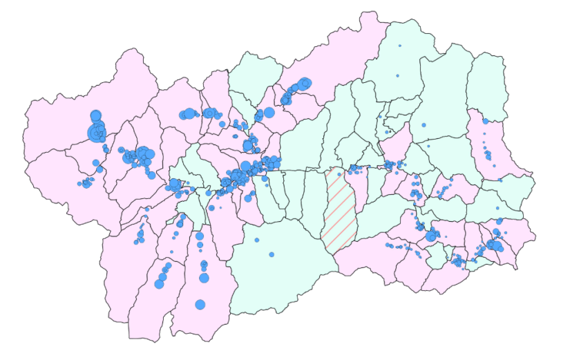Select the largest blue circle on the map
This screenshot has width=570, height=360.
[95, 132]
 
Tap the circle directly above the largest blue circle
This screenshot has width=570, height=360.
[96, 115]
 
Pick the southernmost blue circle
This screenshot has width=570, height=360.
[200, 305]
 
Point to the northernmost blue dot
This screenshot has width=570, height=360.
[399, 46]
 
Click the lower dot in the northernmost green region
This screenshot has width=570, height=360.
[397, 75]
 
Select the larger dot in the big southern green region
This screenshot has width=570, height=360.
[272, 254]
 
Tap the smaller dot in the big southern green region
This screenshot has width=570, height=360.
[256, 240]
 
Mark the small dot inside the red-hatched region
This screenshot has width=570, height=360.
[339, 174]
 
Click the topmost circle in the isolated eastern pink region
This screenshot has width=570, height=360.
[486, 121]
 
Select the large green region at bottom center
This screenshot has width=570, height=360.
[283, 269]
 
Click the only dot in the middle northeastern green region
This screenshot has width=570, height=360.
[424, 125]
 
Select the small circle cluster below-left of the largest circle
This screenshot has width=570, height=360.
[87, 182]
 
